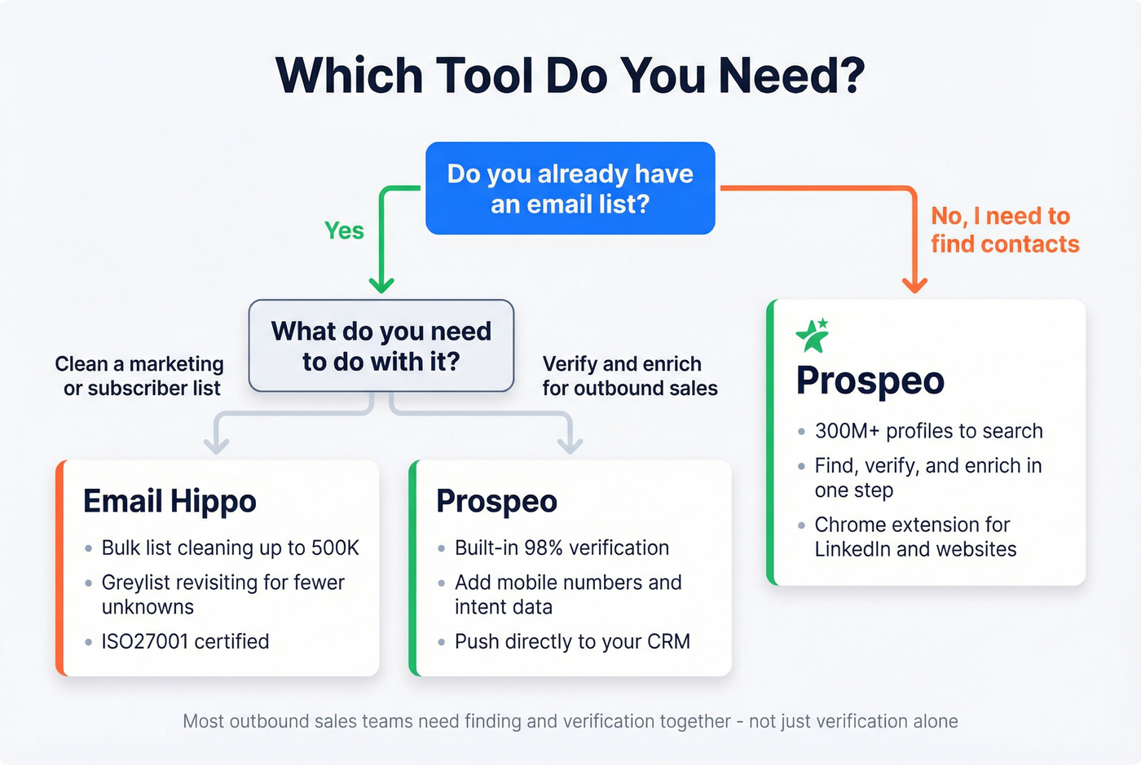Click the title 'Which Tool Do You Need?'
(570, 76)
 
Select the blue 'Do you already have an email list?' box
(570, 188)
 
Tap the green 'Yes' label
(344, 231)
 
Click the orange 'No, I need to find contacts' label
(1004, 230)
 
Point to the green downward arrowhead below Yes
(381, 284)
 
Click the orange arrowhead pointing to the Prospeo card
(914, 284)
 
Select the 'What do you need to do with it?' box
(381, 346)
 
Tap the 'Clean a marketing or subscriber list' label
(141, 376)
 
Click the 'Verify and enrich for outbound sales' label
(629, 376)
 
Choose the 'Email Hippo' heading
(170, 501)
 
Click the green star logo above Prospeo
(813, 335)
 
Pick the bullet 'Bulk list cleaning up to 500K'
(230, 547)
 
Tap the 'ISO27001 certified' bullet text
(185, 641)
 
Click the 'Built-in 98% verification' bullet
(562, 547)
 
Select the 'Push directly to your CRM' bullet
(572, 641)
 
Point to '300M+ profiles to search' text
(928, 431)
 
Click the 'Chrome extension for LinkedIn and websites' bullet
(915, 537)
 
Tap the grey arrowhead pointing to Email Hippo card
(216, 446)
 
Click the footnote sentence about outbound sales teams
(570, 721)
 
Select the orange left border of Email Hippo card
(59, 568)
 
